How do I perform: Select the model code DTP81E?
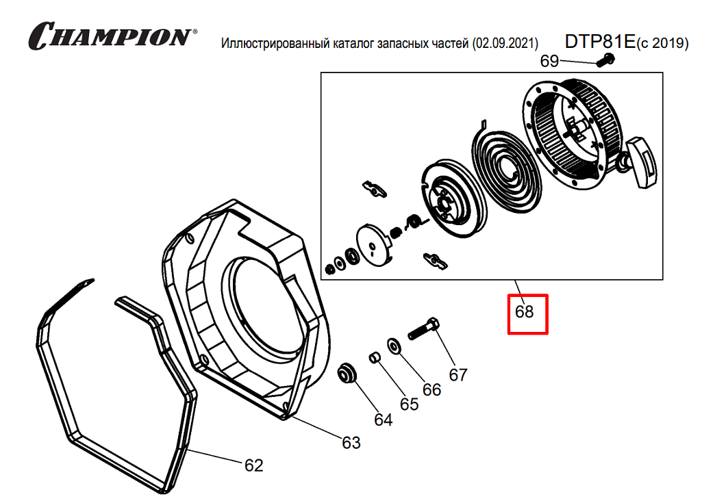point(600,42)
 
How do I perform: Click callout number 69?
point(549,62)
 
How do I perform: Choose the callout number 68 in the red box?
point(525,313)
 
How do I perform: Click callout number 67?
point(457,375)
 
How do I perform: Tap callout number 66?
point(431,389)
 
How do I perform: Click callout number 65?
point(409,404)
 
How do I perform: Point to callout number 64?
point(383,420)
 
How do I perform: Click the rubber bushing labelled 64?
point(350,374)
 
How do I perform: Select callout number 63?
point(351,443)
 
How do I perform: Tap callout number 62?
point(254,465)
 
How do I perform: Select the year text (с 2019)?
point(662,44)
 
